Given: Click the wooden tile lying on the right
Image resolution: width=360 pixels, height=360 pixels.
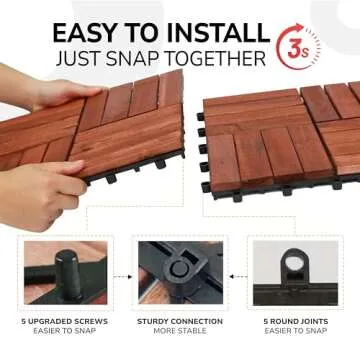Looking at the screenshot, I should point(285,135).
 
